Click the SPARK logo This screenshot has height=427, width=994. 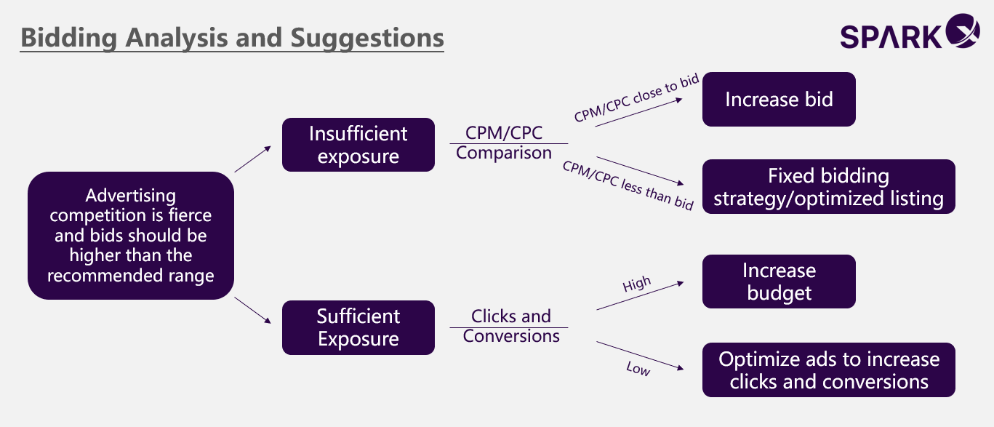[x=910, y=32]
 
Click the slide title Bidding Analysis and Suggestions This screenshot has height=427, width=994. [x=232, y=38]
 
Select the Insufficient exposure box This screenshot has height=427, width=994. [x=358, y=145]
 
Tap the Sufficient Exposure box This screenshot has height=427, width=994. [x=358, y=327]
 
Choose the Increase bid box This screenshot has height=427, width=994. [x=779, y=100]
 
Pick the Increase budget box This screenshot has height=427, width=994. [x=779, y=282]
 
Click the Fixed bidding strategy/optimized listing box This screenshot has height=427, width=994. [x=828, y=187]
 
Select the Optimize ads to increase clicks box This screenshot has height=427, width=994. [x=828, y=370]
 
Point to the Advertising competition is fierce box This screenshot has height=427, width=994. [x=130, y=236]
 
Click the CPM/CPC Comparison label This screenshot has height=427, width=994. [x=504, y=143]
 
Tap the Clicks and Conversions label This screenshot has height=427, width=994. [x=510, y=326]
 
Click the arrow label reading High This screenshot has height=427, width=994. [x=637, y=284]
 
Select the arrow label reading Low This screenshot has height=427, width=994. [x=638, y=368]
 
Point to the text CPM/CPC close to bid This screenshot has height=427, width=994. [x=636, y=97]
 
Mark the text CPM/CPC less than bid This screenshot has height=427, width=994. [x=628, y=185]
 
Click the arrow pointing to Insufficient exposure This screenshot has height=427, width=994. [x=252, y=159]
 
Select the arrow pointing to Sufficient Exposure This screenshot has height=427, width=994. [x=252, y=311]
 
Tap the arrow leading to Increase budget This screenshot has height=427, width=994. [x=641, y=295]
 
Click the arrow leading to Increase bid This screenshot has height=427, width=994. [x=638, y=112]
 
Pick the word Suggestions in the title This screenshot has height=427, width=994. [x=367, y=38]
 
